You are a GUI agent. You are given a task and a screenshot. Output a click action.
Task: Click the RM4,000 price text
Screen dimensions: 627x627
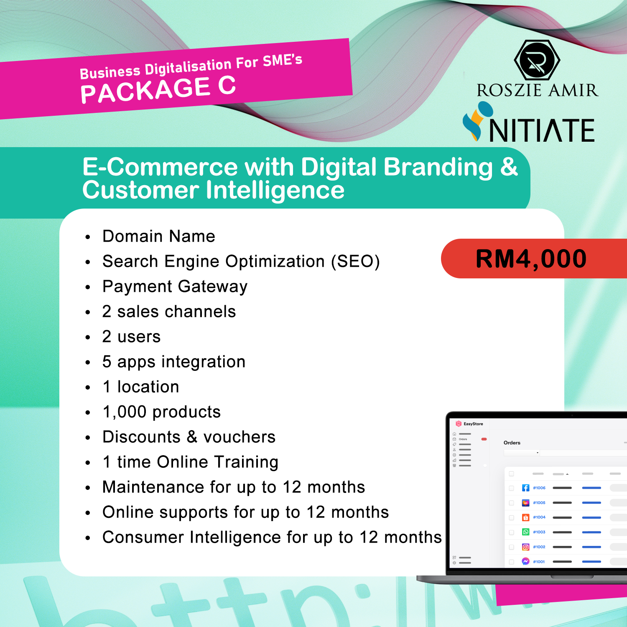(531, 259)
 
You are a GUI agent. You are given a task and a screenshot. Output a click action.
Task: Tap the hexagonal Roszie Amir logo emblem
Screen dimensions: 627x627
(537, 60)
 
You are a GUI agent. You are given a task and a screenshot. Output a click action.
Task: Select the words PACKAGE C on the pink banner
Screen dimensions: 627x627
(158, 89)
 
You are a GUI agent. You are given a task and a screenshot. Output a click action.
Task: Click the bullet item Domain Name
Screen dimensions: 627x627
(159, 236)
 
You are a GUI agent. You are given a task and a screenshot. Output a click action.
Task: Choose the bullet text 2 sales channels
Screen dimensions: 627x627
(169, 311)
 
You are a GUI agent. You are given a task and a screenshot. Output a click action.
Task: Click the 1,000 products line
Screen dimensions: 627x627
(162, 412)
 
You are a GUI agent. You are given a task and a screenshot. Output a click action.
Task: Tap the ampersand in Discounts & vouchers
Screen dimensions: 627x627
(192, 437)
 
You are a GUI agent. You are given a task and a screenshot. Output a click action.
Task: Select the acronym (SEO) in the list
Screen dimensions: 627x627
(355, 262)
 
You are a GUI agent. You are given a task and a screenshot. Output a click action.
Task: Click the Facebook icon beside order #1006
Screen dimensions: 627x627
(526, 488)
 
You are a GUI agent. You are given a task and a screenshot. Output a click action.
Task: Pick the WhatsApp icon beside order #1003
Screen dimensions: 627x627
(526, 532)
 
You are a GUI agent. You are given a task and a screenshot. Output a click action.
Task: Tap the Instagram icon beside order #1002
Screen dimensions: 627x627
(526, 547)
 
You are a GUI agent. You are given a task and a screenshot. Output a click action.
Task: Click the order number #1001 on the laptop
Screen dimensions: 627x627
(539, 562)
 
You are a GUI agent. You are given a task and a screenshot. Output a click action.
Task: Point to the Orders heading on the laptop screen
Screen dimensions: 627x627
(512, 443)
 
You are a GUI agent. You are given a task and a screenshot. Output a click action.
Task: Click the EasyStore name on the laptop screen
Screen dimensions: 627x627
(473, 424)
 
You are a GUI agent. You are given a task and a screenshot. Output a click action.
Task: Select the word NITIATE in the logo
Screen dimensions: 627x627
(542, 130)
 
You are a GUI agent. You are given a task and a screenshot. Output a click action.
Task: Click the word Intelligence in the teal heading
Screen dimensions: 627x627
(275, 191)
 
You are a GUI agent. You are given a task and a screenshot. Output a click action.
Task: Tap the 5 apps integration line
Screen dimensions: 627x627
(174, 362)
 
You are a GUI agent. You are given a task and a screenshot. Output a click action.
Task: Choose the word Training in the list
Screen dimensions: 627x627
(246, 462)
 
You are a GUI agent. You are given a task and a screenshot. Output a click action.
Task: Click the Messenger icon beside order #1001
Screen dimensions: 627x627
(526, 561)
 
